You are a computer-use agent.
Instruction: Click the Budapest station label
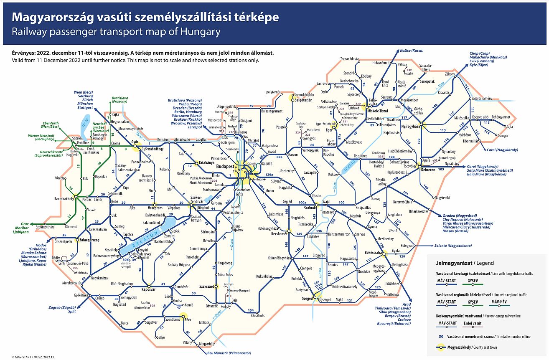point(225,166)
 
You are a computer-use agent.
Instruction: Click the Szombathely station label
point(64,199)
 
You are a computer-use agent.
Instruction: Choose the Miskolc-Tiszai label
point(377,111)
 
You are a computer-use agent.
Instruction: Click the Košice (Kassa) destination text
point(412,51)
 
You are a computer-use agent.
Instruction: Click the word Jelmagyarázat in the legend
point(453,263)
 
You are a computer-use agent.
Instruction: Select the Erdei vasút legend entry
point(472,323)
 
